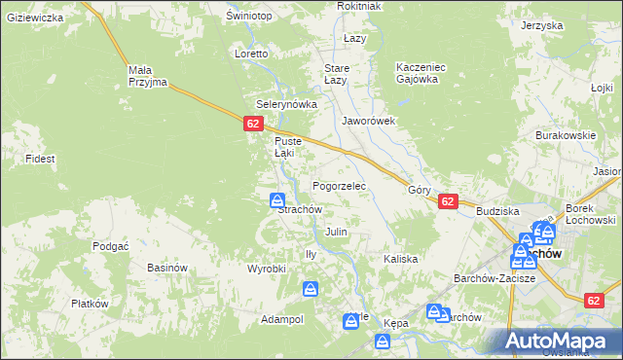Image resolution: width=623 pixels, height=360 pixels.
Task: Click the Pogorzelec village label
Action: click(x=338, y=185)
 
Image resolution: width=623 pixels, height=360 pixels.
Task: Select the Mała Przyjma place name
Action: click(x=148, y=76)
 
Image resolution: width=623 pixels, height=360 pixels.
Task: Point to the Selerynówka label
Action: click(x=281, y=104)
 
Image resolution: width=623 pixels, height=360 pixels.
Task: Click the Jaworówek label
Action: click(x=368, y=122)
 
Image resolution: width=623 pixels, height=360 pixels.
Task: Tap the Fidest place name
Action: click(x=40, y=158)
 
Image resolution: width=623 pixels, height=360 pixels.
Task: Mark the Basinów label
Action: click(x=166, y=268)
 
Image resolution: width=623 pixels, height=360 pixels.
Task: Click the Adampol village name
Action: click(x=282, y=319)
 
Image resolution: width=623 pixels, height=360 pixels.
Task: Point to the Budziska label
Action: click(x=497, y=211)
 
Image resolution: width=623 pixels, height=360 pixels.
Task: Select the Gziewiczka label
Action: click(x=34, y=18)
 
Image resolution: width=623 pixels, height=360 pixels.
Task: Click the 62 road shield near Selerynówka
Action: click(x=253, y=124)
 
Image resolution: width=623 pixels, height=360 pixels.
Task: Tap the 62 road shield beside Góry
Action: click(x=447, y=201)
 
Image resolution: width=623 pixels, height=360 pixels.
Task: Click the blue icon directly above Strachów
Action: click(x=277, y=199)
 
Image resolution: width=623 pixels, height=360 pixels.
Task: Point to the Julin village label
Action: click(x=336, y=233)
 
